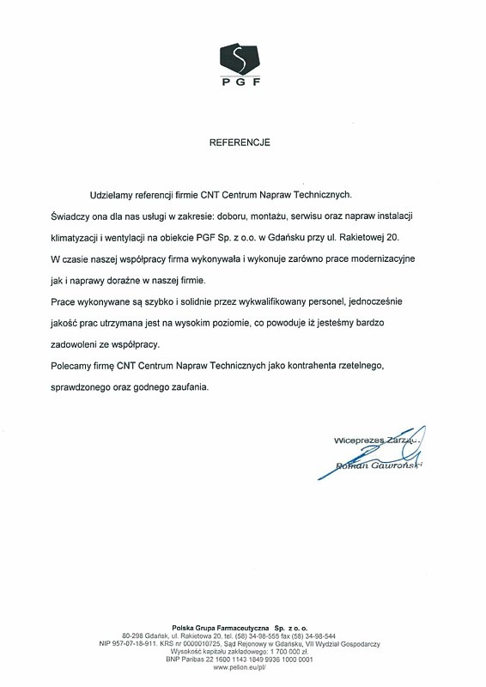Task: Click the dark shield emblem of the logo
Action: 240,58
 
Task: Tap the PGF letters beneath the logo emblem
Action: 240,83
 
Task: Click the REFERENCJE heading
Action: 240,143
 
